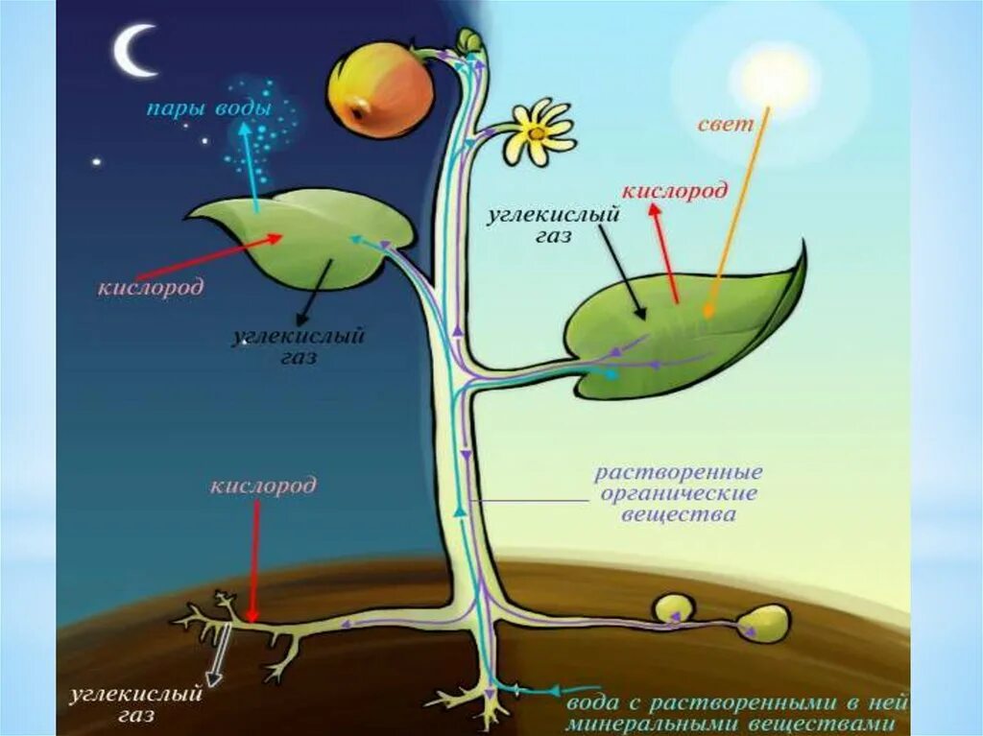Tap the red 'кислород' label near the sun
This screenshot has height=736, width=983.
pos(674,191)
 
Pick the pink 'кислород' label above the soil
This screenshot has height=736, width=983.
pos(263,487)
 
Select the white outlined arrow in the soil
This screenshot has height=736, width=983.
pos(219,653)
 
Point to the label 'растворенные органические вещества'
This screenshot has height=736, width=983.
pos(678,493)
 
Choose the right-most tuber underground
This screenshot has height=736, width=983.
pos(766,621)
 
